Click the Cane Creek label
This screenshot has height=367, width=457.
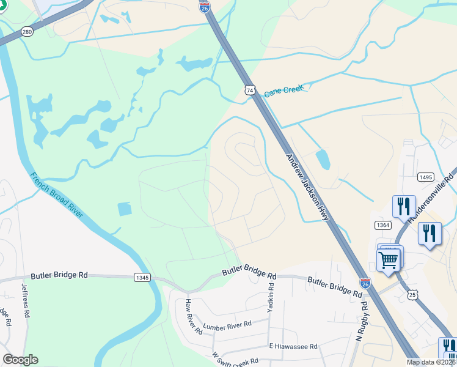pyautogui.click(x=283, y=91)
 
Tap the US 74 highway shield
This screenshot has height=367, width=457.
pyautogui.click(x=249, y=90)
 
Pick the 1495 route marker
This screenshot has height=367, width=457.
pyautogui.click(x=426, y=177)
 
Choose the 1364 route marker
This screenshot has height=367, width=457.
pyautogui.click(x=383, y=225)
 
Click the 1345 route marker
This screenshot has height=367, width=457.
pyautogui.click(x=142, y=277)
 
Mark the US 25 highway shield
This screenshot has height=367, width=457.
pyautogui.click(x=414, y=295)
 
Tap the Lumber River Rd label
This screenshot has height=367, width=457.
pyautogui.click(x=227, y=326)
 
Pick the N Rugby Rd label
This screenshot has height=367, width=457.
pyautogui.click(x=362, y=321)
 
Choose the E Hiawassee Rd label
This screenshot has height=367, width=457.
pyautogui.click(x=293, y=346)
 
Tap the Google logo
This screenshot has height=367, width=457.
pyautogui.click(x=20, y=360)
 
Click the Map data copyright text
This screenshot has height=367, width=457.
pyautogui.click(x=431, y=362)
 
